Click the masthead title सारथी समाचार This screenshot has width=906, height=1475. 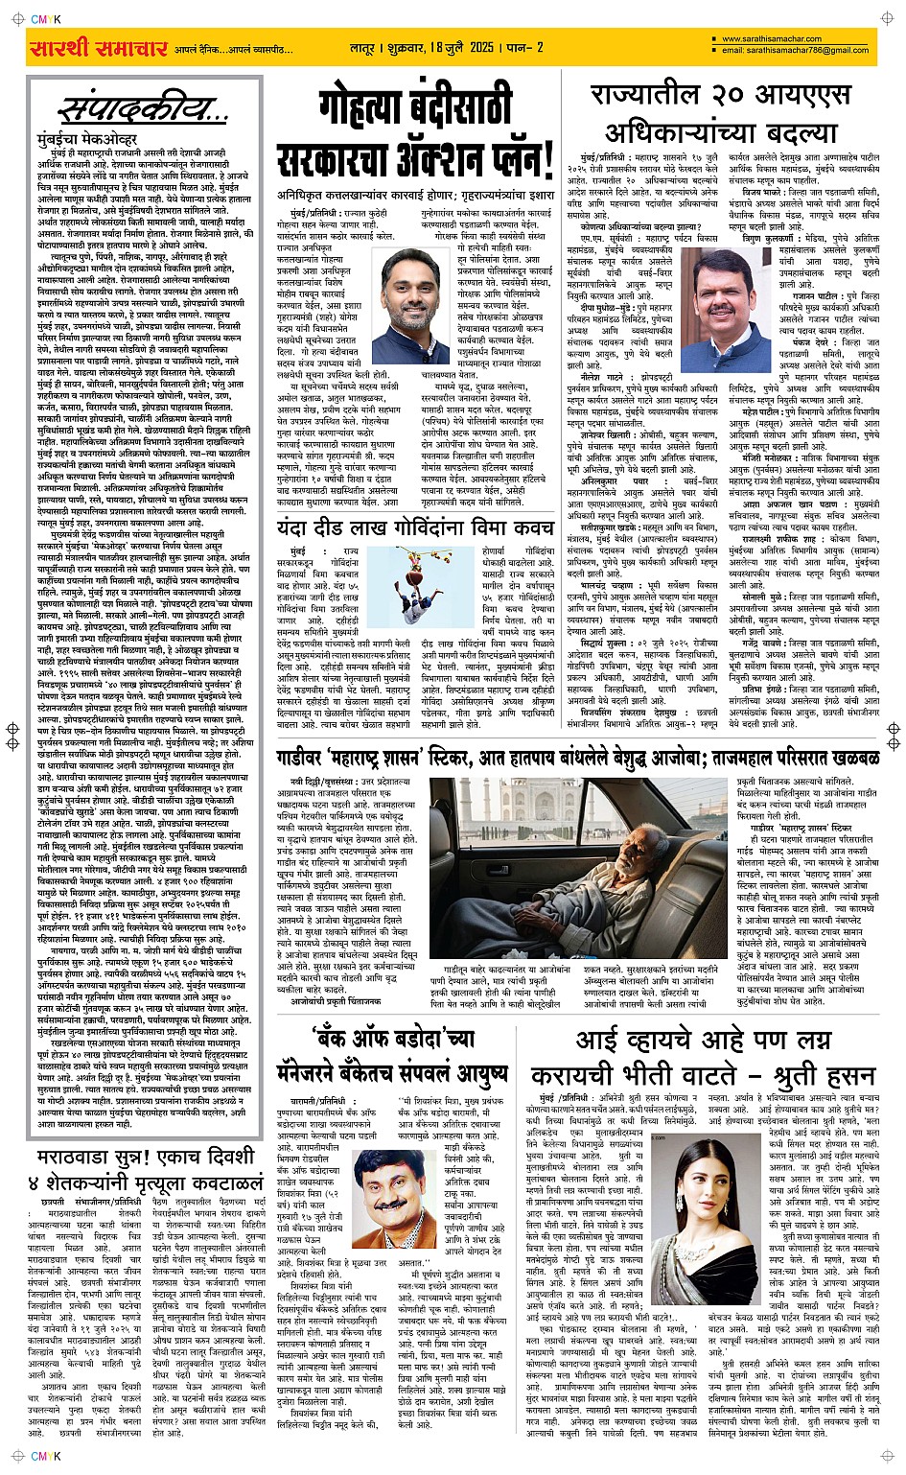tap(99, 48)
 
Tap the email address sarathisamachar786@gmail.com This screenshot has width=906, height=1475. tap(795, 51)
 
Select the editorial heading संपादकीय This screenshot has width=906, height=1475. tap(144, 108)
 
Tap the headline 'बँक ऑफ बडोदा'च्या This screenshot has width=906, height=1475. tap(393, 1038)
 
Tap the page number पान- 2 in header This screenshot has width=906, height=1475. tap(526, 47)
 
